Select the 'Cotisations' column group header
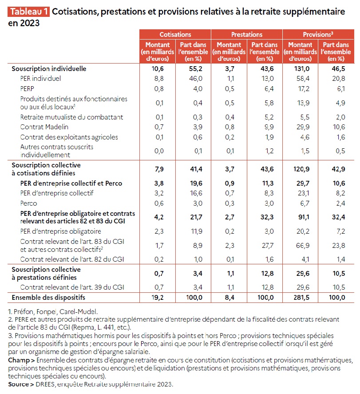tap(175, 34)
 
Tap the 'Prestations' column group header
tap(246, 34)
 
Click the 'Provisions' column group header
tap(318, 34)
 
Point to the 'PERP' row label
tap(28, 88)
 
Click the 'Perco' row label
tap(28, 203)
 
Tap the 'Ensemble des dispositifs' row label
tap(48, 297)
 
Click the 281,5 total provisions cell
tap(300, 297)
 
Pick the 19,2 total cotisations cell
tap(158, 297)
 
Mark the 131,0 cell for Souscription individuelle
tap(300, 69)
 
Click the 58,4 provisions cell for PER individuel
tap(300, 79)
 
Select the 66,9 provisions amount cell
tap(300, 245)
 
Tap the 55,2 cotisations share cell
tap(193, 69)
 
